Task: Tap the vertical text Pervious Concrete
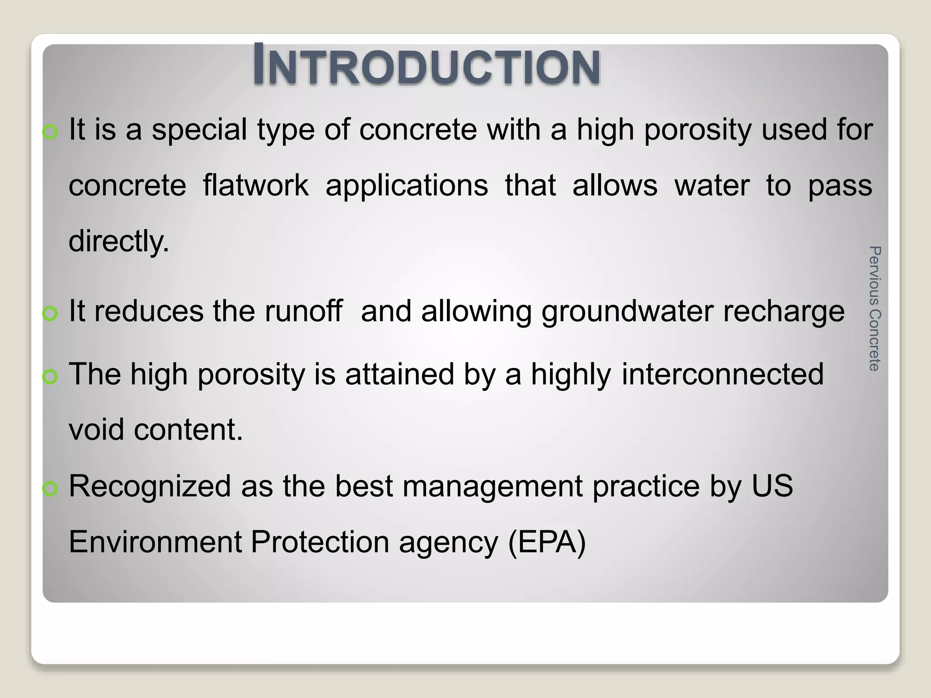coord(874,309)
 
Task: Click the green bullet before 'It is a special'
coord(50,132)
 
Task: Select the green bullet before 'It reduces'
coord(50,314)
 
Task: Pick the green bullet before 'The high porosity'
coord(50,376)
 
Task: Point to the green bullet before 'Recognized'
coord(50,489)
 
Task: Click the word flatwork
coord(255,185)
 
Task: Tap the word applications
coord(406,186)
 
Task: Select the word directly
coord(119,241)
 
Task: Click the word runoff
coord(303,311)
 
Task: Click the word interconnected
coord(722,374)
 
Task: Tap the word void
coord(96,429)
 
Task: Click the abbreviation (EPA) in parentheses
coord(546,543)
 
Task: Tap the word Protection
coord(320,542)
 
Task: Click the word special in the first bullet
coord(199,130)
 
